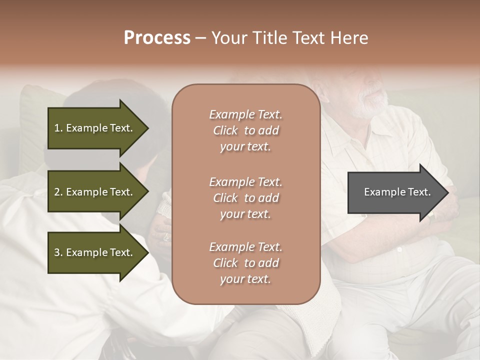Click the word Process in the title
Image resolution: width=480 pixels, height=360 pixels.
[157, 38]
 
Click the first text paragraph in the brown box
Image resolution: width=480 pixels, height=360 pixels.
[245, 130]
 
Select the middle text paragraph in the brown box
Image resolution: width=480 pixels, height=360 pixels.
[245, 198]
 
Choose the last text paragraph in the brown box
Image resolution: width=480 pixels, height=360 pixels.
[245, 263]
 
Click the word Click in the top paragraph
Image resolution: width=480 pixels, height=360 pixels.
[225, 130]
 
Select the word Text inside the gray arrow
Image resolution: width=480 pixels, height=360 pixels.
[419, 192]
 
